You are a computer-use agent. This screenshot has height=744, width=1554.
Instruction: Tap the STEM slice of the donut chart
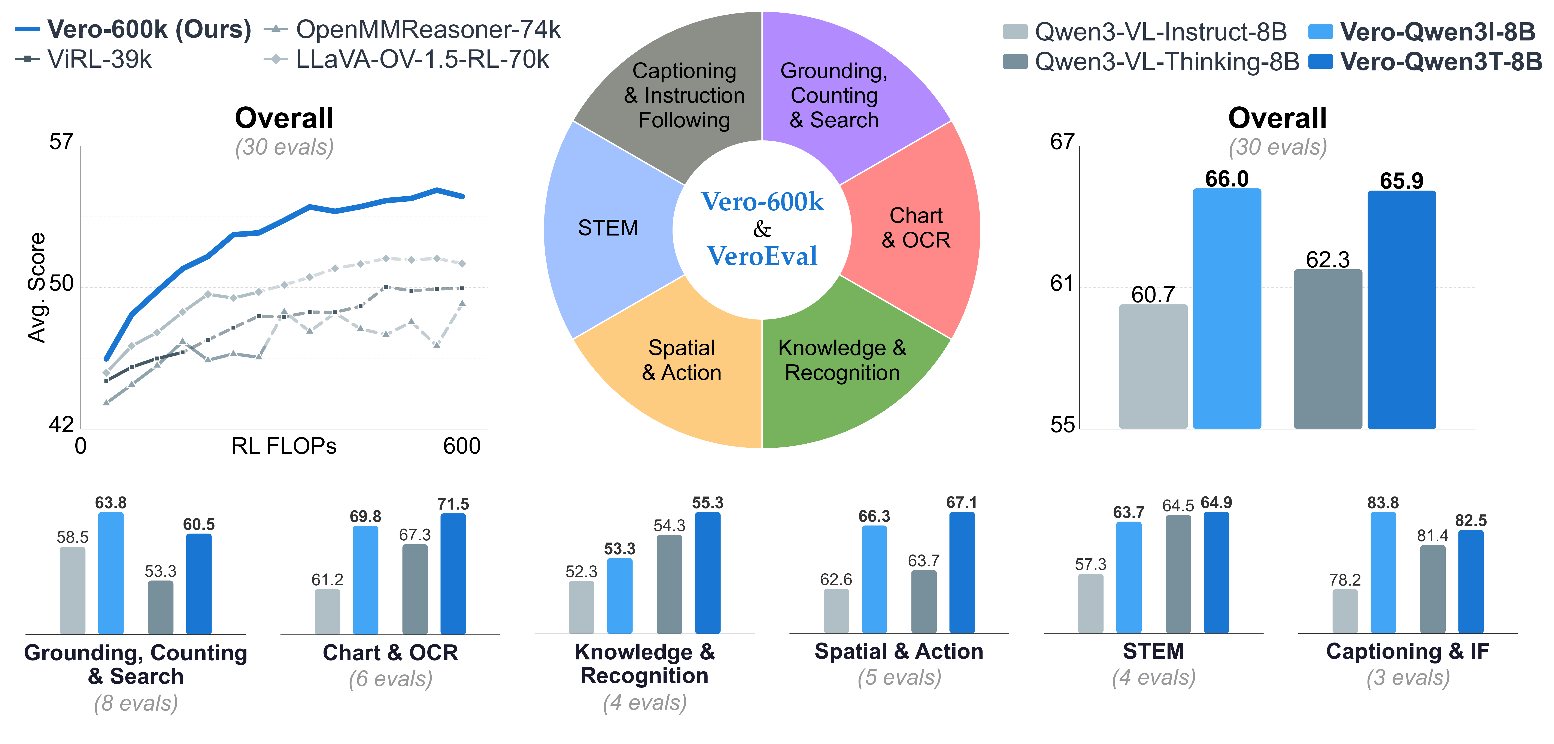coord(608,228)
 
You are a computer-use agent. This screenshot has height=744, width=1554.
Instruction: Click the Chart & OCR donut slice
coord(916,228)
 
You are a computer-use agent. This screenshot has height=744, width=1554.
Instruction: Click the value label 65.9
coord(1401,180)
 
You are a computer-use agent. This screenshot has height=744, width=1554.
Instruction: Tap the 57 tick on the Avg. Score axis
coord(61,142)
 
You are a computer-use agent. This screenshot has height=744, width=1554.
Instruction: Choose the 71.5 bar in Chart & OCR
coord(453,573)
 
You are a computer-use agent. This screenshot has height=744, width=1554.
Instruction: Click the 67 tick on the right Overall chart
coord(1062,142)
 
